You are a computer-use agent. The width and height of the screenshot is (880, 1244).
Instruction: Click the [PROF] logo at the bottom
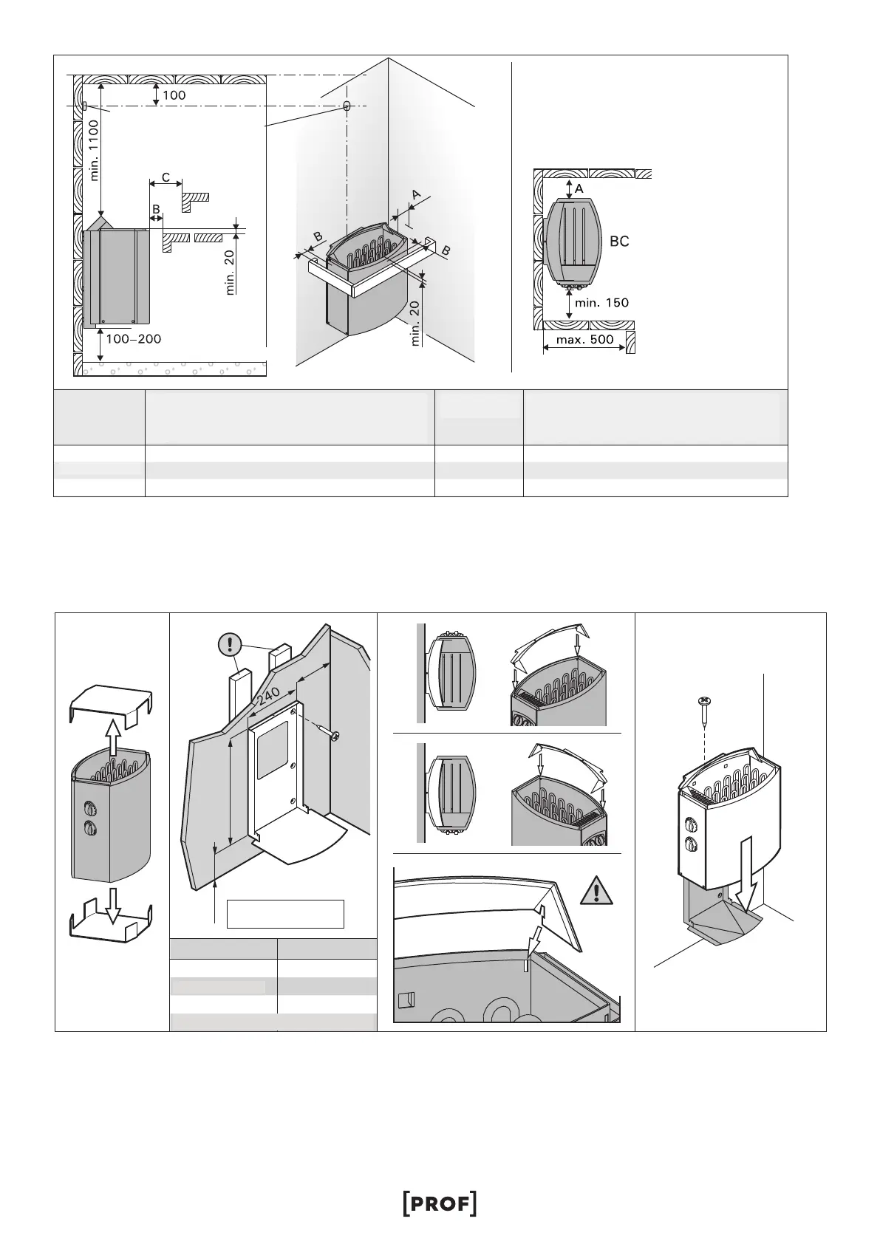[x=440, y=1162]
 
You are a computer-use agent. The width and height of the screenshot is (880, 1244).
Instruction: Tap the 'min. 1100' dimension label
[x=94, y=151]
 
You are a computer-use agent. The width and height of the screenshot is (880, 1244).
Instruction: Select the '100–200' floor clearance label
[x=133, y=339]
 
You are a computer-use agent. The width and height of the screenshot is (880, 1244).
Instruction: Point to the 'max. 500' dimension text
[x=584, y=341]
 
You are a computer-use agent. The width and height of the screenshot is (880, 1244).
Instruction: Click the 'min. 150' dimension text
[x=601, y=302]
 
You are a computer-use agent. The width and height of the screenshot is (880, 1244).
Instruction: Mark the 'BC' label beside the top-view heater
[x=619, y=242]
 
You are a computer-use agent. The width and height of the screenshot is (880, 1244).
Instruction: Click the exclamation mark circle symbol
[x=231, y=645]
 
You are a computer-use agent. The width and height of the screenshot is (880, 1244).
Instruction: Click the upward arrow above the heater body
[x=112, y=735]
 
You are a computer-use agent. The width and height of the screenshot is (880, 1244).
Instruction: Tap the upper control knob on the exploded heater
[x=91, y=807]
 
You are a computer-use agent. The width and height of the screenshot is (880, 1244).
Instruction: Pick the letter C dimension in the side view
[x=166, y=177]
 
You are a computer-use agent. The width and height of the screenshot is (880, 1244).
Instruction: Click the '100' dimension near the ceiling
[x=174, y=95]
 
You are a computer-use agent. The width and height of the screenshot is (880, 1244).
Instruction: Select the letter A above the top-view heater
[x=579, y=189]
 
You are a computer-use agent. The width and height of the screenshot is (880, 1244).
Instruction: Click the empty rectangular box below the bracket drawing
[x=285, y=913]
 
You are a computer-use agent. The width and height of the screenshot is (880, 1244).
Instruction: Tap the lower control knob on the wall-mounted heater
[x=691, y=844]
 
